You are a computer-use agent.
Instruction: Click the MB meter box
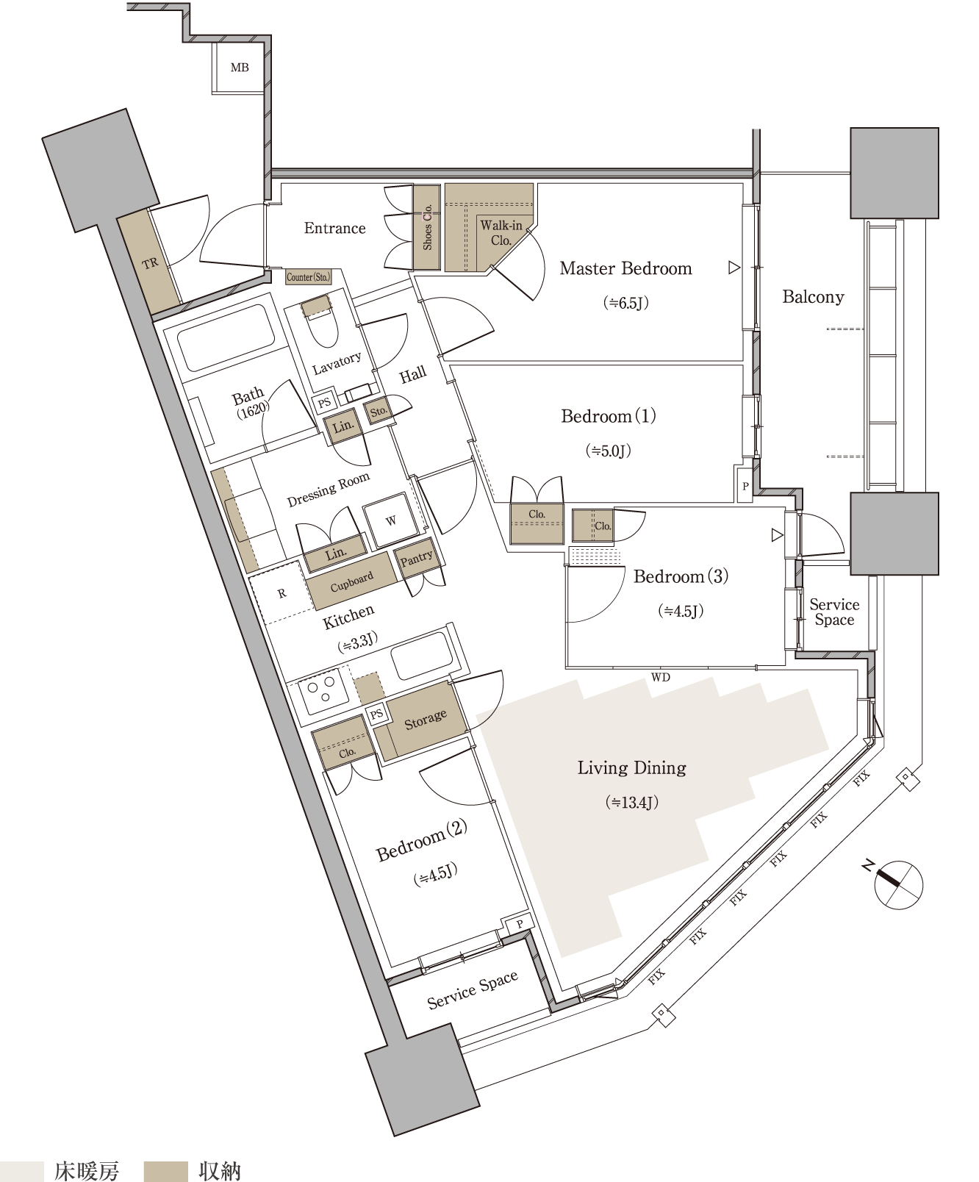pos(239,67)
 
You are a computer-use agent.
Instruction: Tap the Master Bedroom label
pos(625,268)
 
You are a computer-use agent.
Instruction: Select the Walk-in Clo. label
pos(501,232)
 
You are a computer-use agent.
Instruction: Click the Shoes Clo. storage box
pos(427,226)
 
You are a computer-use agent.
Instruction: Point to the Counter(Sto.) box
pos(309,277)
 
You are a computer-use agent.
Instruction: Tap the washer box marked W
pos(391,520)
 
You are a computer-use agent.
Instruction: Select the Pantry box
pos(417,559)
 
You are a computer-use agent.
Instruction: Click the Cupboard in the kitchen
pos(351,583)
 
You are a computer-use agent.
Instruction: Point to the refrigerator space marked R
pos(282,594)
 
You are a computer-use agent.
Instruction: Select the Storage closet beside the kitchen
pos(421,721)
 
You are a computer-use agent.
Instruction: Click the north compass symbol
pos(897,884)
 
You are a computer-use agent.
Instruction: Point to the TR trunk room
pos(151,262)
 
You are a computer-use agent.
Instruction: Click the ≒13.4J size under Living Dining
pos(632,802)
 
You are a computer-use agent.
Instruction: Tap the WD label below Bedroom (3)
pos(661,677)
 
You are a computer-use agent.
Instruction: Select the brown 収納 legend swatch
pos(165,1170)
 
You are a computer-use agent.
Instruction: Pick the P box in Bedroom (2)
pos(519,925)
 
